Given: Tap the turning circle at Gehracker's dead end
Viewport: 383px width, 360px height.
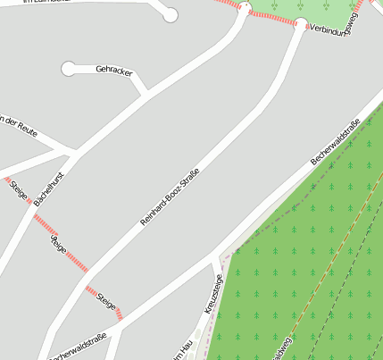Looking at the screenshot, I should point(69,69).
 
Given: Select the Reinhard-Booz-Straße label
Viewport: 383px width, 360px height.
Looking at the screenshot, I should point(170,195).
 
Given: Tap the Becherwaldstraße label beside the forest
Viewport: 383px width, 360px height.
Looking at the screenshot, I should point(335,142).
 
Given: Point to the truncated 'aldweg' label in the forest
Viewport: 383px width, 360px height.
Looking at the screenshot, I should point(283,349).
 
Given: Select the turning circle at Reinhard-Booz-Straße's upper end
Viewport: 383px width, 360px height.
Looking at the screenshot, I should point(301,24).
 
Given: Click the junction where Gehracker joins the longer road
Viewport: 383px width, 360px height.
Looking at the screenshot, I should point(145,93).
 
